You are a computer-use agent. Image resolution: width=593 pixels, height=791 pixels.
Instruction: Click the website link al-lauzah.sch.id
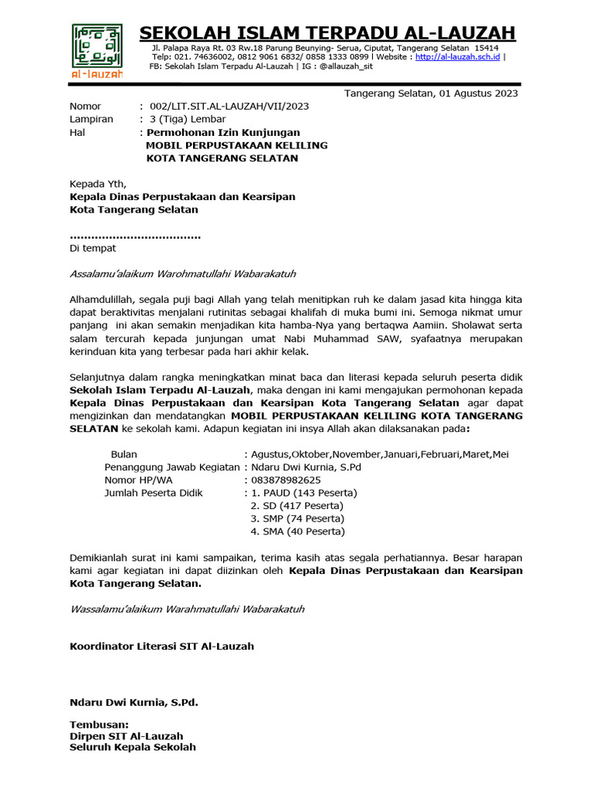(457, 57)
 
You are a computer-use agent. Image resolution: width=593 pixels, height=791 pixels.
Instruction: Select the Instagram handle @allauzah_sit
(353, 66)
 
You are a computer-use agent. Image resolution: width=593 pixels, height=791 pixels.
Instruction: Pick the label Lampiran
(91, 119)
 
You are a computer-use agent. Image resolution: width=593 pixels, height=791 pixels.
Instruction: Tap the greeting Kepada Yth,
(97, 184)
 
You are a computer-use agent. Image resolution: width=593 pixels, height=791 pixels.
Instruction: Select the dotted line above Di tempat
(135, 236)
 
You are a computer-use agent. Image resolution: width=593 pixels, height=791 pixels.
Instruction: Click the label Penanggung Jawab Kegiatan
(172, 467)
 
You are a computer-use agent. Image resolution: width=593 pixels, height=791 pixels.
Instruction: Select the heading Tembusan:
(100, 725)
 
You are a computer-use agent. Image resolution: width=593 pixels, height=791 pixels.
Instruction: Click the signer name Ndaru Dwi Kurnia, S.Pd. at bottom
(134, 702)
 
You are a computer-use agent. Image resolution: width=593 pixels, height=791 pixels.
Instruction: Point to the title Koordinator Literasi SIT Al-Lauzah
(161, 646)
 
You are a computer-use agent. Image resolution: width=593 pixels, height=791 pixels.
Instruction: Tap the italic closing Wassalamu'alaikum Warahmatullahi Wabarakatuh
(187, 609)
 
